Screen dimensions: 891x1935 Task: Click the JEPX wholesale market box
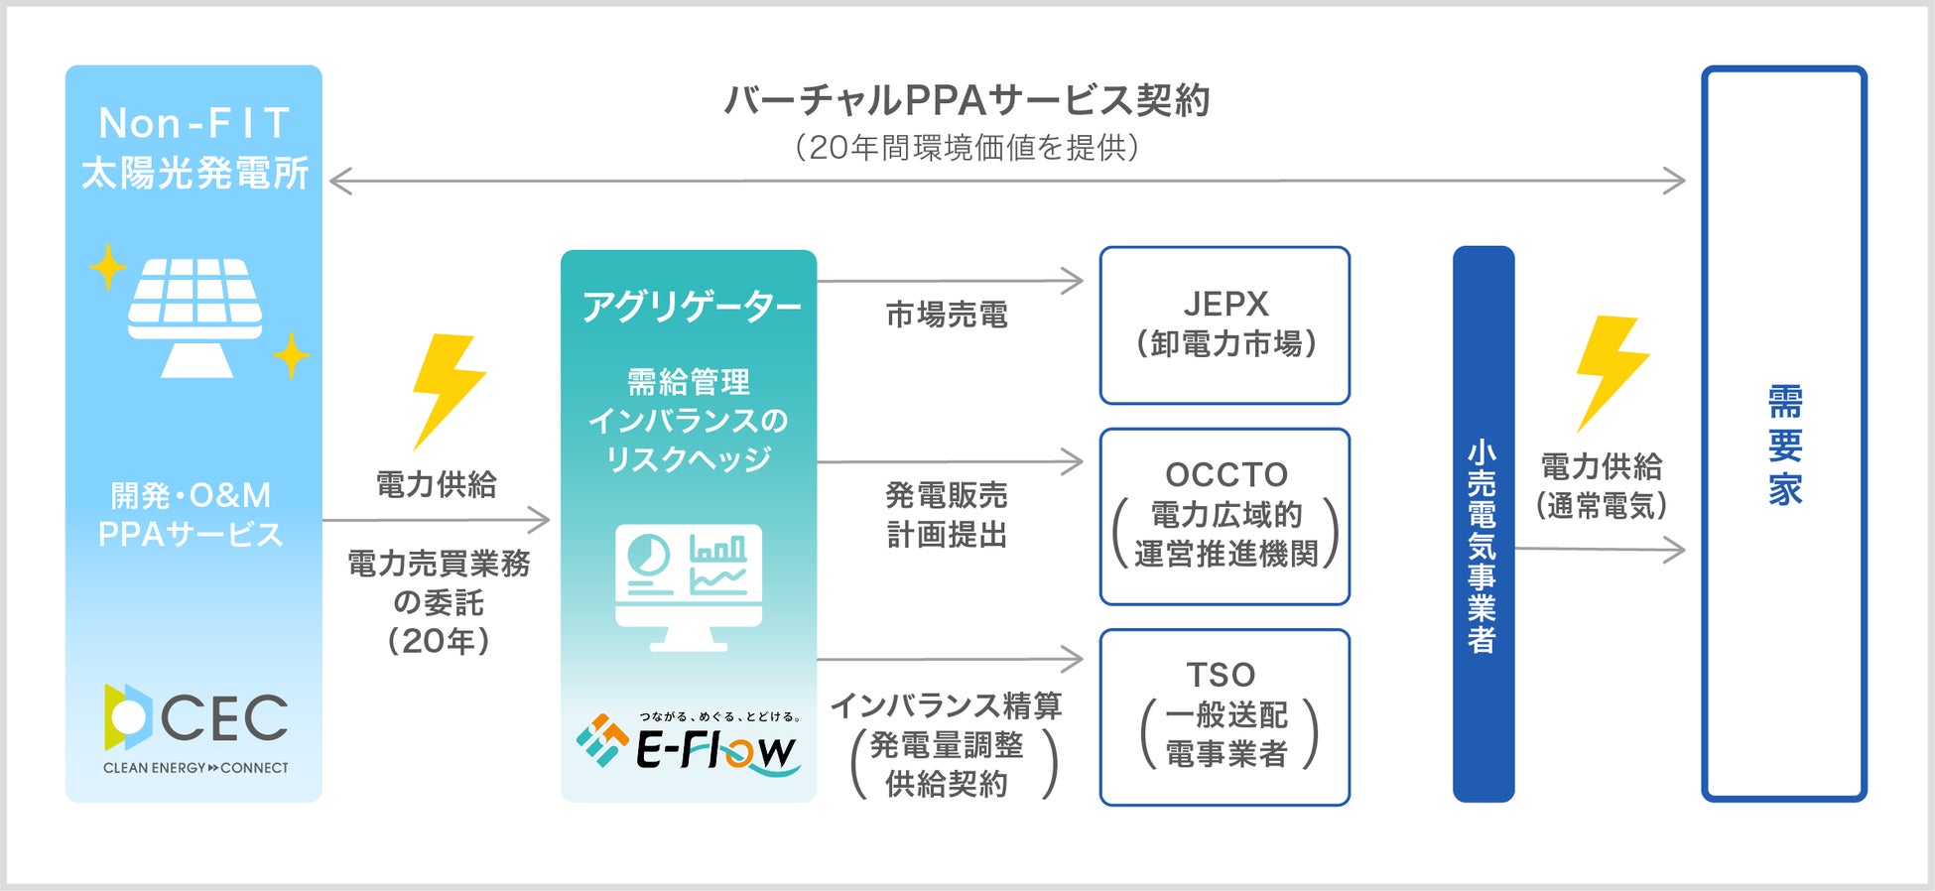(x=1225, y=325)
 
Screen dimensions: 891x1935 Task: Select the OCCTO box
(x=1225, y=516)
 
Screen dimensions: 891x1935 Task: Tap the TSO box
(x=1225, y=716)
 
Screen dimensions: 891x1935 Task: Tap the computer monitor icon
(x=689, y=585)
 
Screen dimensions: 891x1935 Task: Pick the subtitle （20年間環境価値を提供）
(x=967, y=148)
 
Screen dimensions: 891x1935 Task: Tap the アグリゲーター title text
(x=691, y=307)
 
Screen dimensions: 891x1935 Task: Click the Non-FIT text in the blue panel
(x=194, y=124)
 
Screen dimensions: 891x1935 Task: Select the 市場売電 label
(x=947, y=316)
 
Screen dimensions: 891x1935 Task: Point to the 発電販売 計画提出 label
(x=947, y=514)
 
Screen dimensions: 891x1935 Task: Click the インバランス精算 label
(x=947, y=705)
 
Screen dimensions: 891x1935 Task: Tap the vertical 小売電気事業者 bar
(x=1483, y=524)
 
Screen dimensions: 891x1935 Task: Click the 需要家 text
(x=1784, y=445)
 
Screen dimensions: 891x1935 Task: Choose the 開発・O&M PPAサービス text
(x=191, y=514)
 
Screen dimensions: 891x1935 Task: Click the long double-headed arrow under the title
(x=1006, y=182)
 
